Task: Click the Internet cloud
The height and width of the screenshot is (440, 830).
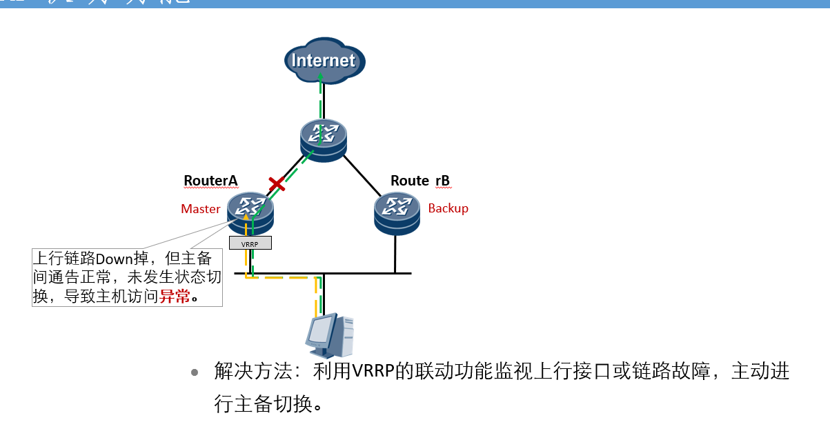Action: (x=324, y=61)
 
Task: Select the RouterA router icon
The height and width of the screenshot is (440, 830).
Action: (x=250, y=212)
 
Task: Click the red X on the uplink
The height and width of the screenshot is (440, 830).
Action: (x=277, y=184)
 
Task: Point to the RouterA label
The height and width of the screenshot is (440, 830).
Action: (x=210, y=181)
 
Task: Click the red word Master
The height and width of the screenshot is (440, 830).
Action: (x=201, y=209)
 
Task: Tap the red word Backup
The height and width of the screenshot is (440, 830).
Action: (x=448, y=208)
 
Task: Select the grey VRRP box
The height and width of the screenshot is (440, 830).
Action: (x=250, y=243)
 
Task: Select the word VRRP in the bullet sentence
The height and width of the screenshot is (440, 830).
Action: (x=373, y=372)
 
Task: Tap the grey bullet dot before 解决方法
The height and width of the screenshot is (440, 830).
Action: (x=195, y=372)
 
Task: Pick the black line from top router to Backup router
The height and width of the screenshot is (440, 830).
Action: (x=362, y=175)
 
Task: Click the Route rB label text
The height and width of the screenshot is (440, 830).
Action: (x=420, y=181)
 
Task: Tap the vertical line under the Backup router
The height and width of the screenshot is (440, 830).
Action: (x=395, y=254)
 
